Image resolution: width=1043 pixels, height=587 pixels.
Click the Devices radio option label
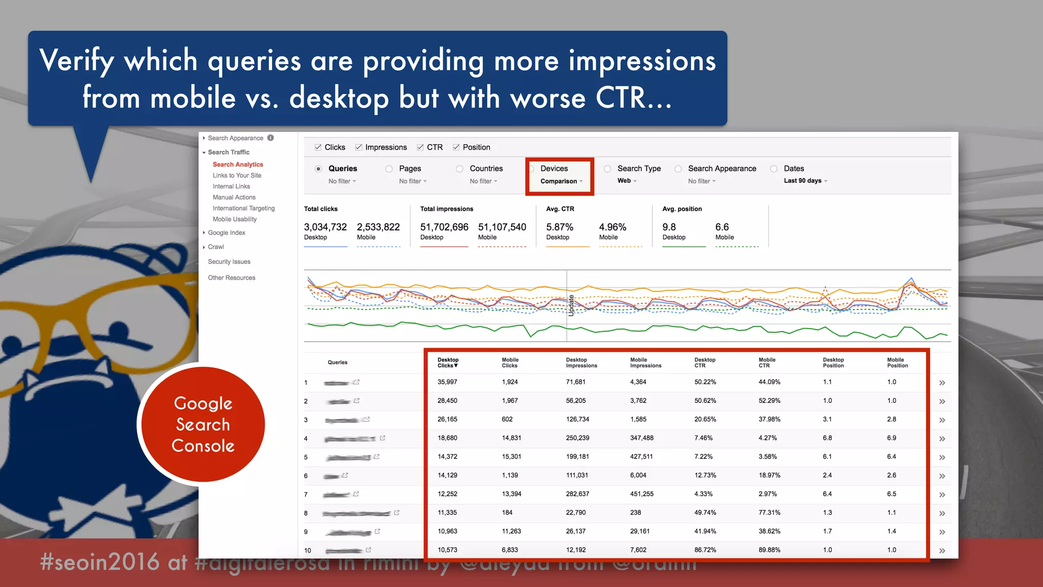[554, 169]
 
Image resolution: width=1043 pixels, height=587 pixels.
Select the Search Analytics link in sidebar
[238, 165]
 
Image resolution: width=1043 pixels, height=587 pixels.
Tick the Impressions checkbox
[359, 147]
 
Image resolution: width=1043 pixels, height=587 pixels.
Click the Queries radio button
[318, 169]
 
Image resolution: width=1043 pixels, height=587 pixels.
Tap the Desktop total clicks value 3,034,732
[325, 227]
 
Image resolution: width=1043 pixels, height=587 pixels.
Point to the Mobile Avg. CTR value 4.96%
[612, 227]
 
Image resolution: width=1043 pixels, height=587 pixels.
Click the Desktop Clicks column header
[448, 362]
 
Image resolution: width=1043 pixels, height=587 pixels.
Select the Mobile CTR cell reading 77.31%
[769, 513]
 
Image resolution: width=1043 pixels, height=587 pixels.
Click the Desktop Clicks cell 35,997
[447, 382]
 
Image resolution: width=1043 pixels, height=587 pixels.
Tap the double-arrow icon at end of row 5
[942, 457]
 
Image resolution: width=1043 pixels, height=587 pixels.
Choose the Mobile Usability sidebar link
[234, 219]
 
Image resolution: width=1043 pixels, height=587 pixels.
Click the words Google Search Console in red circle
[203, 424]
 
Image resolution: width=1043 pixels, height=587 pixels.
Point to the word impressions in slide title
[642, 61]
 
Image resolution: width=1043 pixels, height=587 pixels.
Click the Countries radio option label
[486, 169]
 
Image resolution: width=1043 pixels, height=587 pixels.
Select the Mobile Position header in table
[897, 362]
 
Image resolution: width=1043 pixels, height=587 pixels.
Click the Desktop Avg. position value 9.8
[669, 227]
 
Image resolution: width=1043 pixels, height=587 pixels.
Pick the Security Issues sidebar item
[229, 262]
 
